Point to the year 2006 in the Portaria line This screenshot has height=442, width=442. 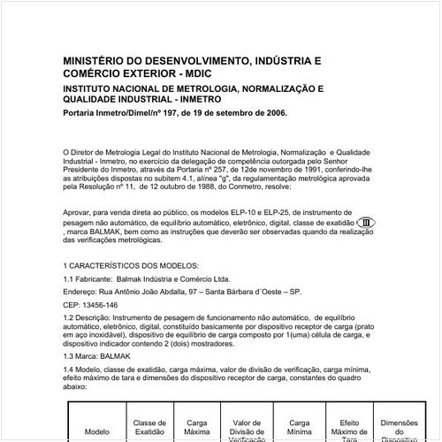tap(272, 114)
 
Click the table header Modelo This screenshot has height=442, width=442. tap(96, 433)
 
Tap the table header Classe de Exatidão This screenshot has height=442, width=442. tap(149, 405)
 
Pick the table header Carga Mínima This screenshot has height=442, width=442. tap(301, 405)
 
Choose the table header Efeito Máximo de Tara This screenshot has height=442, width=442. tap(350, 411)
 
